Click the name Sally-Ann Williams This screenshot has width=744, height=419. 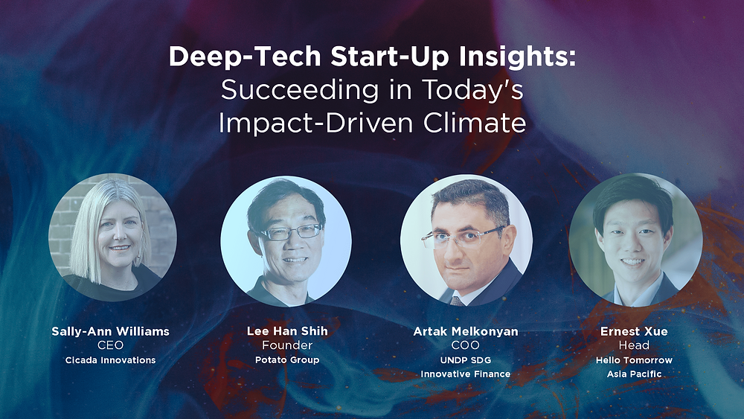click(x=110, y=331)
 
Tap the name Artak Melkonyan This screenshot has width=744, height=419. click(x=466, y=331)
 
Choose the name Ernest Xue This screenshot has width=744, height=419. click(x=634, y=331)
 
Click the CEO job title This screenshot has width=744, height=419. click(x=110, y=345)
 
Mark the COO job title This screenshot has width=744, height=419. click(x=466, y=345)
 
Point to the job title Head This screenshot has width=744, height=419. click(x=634, y=345)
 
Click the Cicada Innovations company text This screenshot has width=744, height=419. click(x=110, y=360)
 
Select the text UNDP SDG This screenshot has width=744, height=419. click(x=466, y=360)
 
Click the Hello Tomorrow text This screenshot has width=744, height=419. click(x=634, y=360)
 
